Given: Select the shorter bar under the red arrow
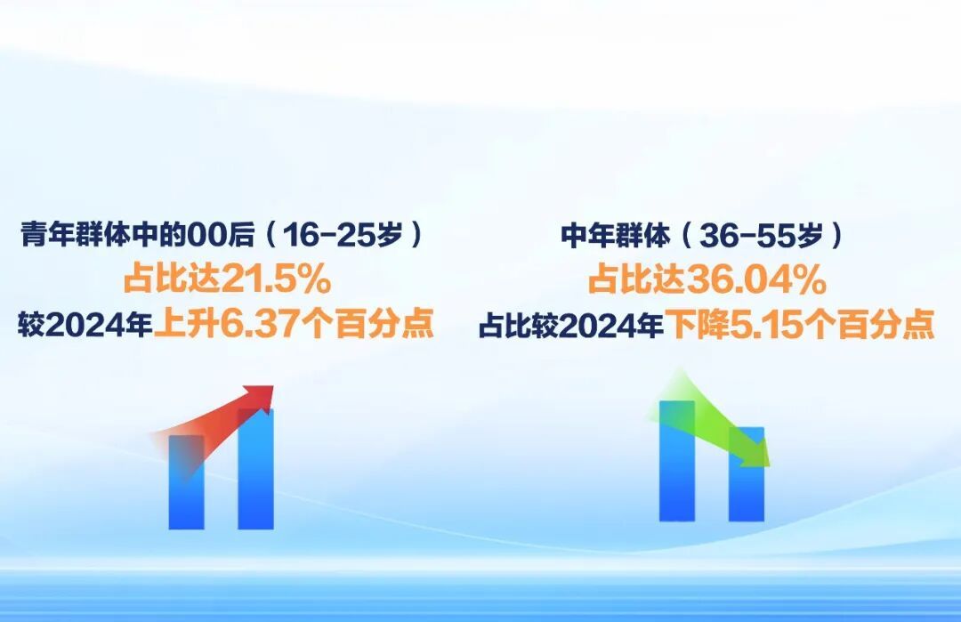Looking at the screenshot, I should click(186, 485).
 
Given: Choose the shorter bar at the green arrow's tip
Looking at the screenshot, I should click(746, 485).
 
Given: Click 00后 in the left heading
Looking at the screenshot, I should click(228, 236).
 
